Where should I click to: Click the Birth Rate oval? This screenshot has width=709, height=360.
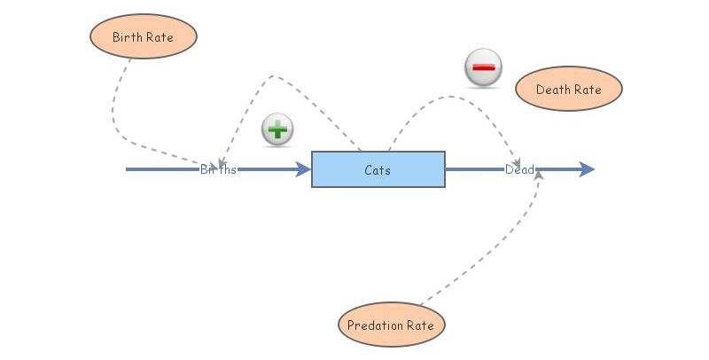(x=143, y=37)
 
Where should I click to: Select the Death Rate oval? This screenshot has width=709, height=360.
(x=569, y=90)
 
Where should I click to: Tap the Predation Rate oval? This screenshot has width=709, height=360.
(x=391, y=325)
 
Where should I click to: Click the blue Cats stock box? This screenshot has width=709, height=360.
(x=378, y=169)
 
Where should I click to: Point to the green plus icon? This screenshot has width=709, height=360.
(x=277, y=130)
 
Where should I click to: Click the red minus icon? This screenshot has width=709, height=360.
(x=483, y=68)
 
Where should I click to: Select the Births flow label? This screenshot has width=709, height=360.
(x=218, y=169)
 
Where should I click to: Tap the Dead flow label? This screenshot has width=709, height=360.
(x=519, y=169)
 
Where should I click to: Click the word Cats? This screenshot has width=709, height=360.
(x=378, y=169)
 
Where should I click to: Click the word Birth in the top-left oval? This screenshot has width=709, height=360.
(x=129, y=37)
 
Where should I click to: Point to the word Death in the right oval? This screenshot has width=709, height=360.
(x=554, y=90)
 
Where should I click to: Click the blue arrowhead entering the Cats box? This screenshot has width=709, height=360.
(x=303, y=169)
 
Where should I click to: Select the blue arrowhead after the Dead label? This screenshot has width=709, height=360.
(x=586, y=169)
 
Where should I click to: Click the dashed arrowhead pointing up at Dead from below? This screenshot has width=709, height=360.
(x=539, y=176)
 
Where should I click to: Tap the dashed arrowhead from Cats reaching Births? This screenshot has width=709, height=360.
(x=220, y=160)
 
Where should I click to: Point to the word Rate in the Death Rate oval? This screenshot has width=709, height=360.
(x=587, y=90)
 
